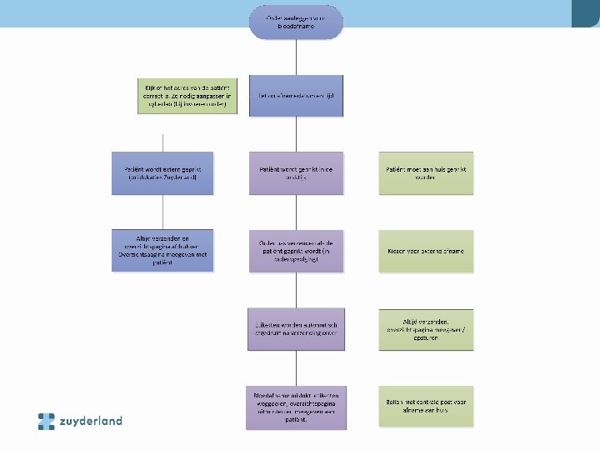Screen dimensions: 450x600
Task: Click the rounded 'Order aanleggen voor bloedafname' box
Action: click(x=296, y=22)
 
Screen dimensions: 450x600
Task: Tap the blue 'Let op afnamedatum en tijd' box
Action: click(x=296, y=97)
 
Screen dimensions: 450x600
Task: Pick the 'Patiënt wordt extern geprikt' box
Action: click(x=162, y=172)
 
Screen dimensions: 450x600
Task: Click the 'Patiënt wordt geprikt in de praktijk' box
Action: click(x=296, y=172)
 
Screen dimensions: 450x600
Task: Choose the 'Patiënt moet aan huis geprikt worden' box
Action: click(x=426, y=172)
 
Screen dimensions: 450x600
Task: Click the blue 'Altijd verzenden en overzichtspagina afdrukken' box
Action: click(x=162, y=250)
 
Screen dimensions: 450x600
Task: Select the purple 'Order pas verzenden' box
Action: click(x=296, y=251)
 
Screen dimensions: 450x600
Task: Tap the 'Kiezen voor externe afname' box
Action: click(x=426, y=251)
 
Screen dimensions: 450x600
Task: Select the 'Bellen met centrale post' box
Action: click(x=426, y=407)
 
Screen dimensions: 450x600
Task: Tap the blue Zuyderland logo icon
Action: click(x=47, y=421)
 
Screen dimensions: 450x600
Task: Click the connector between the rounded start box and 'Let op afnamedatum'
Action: click(x=296, y=58)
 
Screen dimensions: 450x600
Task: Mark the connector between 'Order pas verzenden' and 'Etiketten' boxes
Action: click(x=296, y=291)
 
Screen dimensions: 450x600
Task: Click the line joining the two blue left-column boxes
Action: click(x=162, y=212)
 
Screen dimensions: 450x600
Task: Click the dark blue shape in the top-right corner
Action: click(x=585, y=12)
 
